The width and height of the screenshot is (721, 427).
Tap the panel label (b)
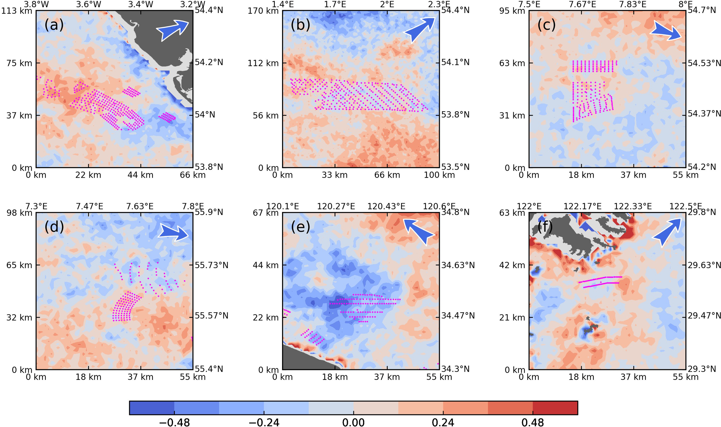tap(300, 25)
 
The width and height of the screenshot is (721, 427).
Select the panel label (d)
tap(54, 227)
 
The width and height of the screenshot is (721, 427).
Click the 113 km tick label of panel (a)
tap(17, 11)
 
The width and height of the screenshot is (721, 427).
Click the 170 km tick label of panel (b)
tap(263, 11)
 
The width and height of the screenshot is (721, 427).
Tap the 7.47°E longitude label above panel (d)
tap(89, 206)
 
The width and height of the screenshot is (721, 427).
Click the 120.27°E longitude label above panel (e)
tap(336, 206)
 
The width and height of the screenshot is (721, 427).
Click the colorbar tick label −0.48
tap(174, 422)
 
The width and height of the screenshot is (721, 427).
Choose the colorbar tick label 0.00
tap(353, 422)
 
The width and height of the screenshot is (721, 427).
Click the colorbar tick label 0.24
tap(443, 422)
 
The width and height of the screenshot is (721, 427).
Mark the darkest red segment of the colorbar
tap(555, 408)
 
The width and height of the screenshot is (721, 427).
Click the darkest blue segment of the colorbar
tap(152, 408)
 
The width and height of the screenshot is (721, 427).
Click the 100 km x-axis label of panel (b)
tap(439, 175)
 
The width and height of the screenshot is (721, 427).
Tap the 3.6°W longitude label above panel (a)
tap(89, 4)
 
